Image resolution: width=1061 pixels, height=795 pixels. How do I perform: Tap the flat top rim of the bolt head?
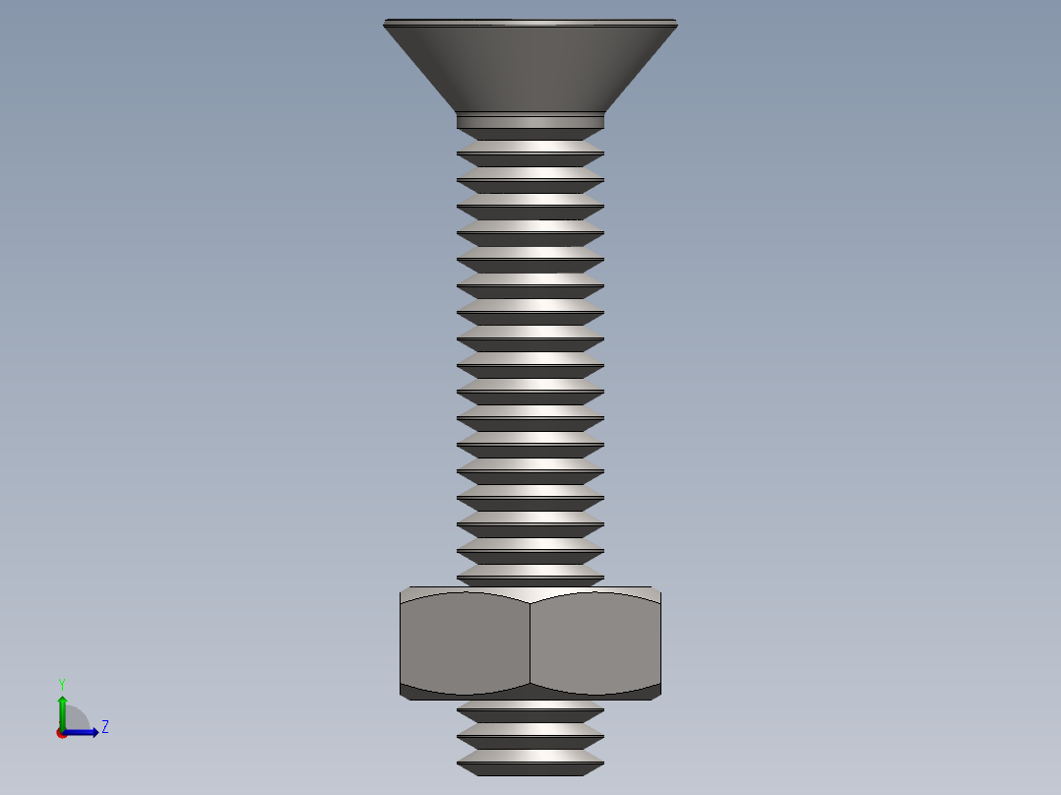[x=530, y=22]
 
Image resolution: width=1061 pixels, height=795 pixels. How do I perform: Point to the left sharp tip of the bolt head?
[x=386, y=24]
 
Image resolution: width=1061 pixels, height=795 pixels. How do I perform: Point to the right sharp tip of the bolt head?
[x=675, y=24]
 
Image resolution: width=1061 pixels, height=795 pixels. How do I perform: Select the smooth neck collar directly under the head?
[x=530, y=121]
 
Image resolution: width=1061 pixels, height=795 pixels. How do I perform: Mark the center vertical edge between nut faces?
[x=530, y=644]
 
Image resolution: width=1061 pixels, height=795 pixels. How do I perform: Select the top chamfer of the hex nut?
[x=530, y=593]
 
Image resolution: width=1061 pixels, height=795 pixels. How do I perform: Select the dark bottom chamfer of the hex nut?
[x=530, y=693]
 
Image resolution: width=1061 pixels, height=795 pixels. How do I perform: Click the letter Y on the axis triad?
[x=61, y=683]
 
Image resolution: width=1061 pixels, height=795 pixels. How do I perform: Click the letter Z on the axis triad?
[x=104, y=727]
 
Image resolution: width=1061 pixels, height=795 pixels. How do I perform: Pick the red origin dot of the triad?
[x=62, y=733]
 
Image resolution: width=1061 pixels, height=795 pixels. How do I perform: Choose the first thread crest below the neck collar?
[x=530, y=147]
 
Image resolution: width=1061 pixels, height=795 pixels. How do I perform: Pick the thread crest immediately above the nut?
[x=530, y=571]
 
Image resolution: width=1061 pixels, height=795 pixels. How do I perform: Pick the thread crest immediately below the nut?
[x=530, y=704]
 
